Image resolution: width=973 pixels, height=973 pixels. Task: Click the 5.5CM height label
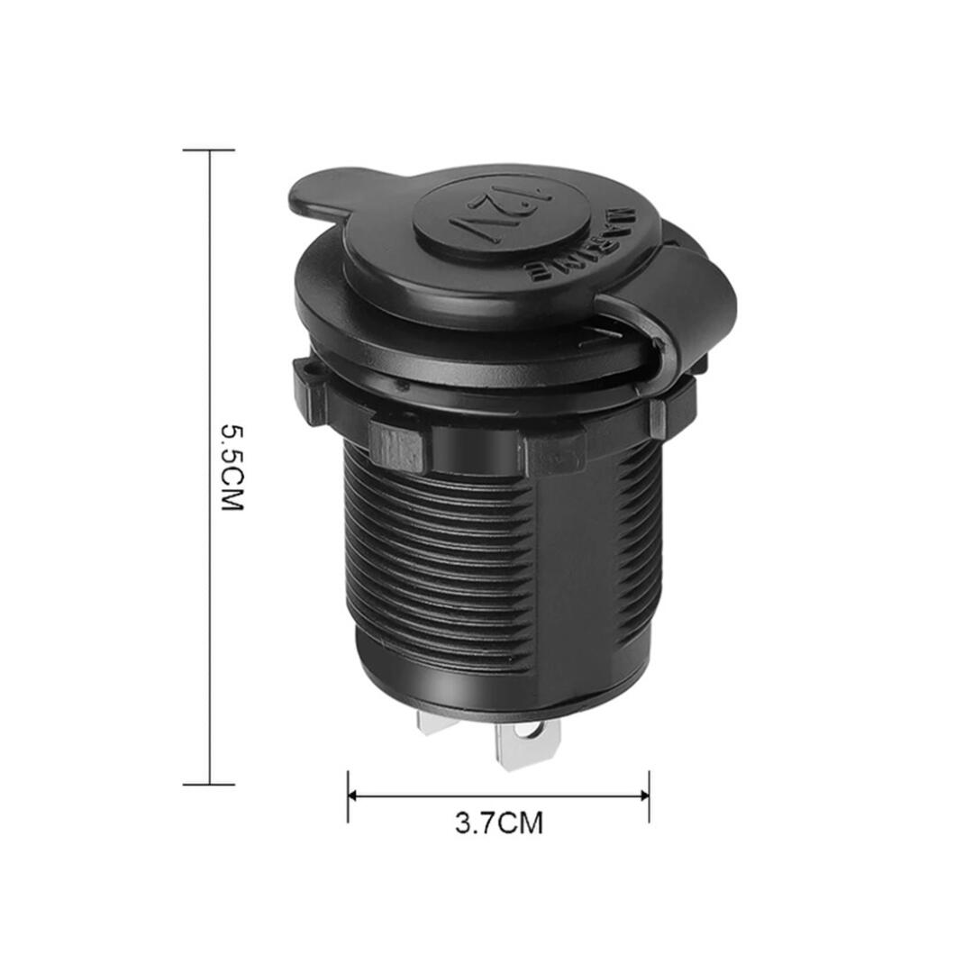232,468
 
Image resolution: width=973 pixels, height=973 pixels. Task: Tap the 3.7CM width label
499,823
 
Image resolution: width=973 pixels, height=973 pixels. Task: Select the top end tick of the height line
209,150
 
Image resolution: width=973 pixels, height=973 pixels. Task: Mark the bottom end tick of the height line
209,784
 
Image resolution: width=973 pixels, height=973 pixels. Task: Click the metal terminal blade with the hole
527,745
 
